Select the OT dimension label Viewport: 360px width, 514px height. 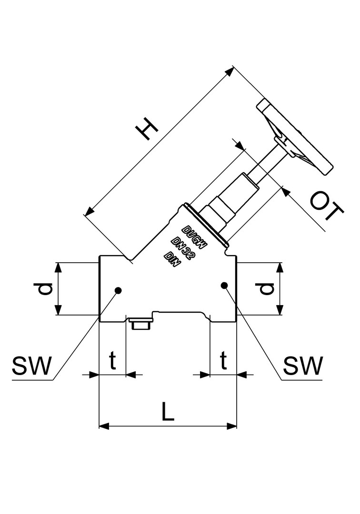click(x=326, y=208)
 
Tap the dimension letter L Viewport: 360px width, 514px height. click(x=167, y=412)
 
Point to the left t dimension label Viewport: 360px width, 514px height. click(x=112, y=361)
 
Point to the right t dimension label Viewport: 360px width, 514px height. click(x=223, y=361)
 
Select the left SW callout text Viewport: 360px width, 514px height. click(x=31, y=366)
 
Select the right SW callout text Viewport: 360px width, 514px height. click(x=303, y=366)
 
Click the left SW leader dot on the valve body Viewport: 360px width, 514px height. click(x=118, y=289)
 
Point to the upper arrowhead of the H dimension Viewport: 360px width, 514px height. click(x=230, y=72)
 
